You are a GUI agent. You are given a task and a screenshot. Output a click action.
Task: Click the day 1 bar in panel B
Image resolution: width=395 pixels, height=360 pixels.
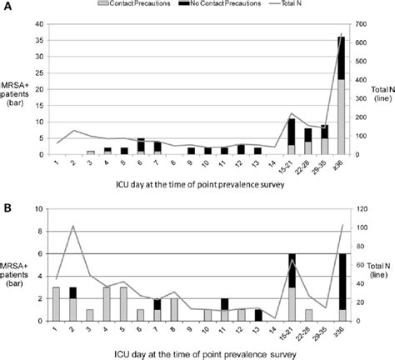[x=56, y=303]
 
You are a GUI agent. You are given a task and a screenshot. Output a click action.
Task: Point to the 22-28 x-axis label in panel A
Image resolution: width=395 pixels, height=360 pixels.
[x=308, y=166]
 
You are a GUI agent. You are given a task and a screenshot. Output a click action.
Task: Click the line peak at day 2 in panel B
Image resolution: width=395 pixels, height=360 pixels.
[x=72, y=226]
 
